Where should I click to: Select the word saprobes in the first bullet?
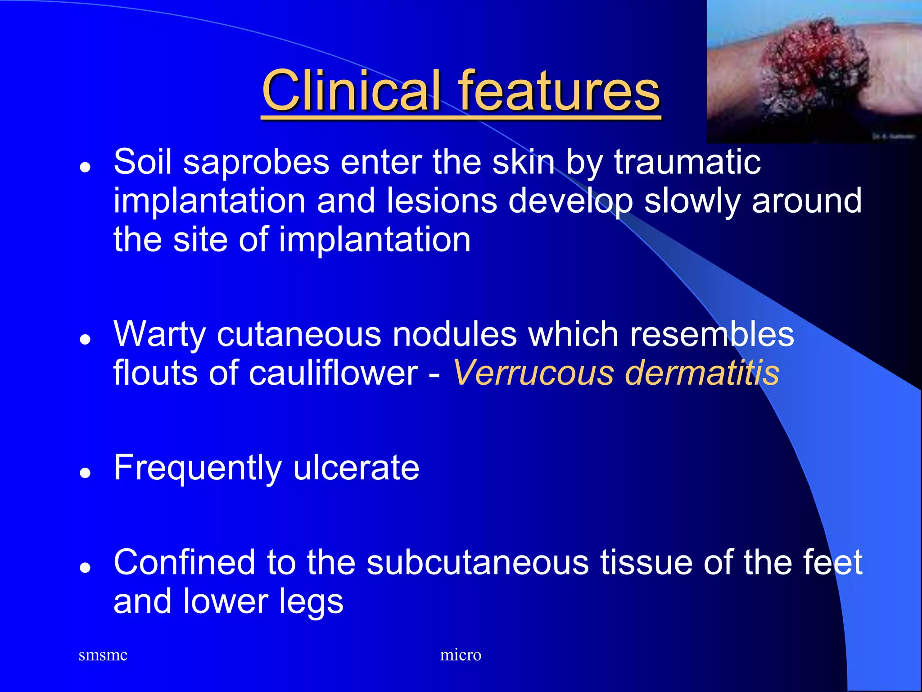256,162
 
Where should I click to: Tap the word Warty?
159,335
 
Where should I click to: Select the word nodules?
455,335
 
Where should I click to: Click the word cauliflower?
334,373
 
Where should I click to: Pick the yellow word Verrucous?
533,373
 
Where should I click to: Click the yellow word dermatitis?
702,373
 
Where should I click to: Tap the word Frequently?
198,469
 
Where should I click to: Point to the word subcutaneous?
478,563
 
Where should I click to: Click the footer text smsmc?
103,655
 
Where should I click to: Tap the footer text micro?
461,655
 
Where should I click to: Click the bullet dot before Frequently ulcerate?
85,473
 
